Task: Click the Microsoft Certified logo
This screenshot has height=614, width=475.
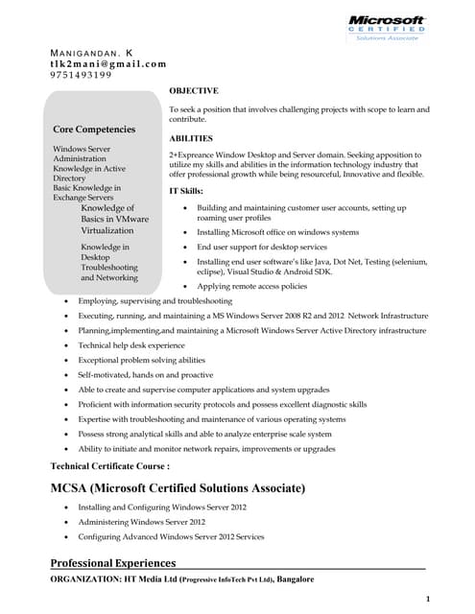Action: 386,26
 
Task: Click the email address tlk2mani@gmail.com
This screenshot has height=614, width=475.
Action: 107,63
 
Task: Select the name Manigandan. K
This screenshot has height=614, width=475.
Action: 92,51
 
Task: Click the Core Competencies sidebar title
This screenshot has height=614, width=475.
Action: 94,129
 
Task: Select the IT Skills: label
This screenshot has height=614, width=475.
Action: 186,192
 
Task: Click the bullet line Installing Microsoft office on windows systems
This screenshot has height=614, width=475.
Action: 277,232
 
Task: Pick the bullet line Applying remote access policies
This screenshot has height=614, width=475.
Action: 251,286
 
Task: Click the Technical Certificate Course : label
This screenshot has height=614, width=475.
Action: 109,465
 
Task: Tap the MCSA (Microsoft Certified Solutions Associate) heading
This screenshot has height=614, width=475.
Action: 178,488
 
